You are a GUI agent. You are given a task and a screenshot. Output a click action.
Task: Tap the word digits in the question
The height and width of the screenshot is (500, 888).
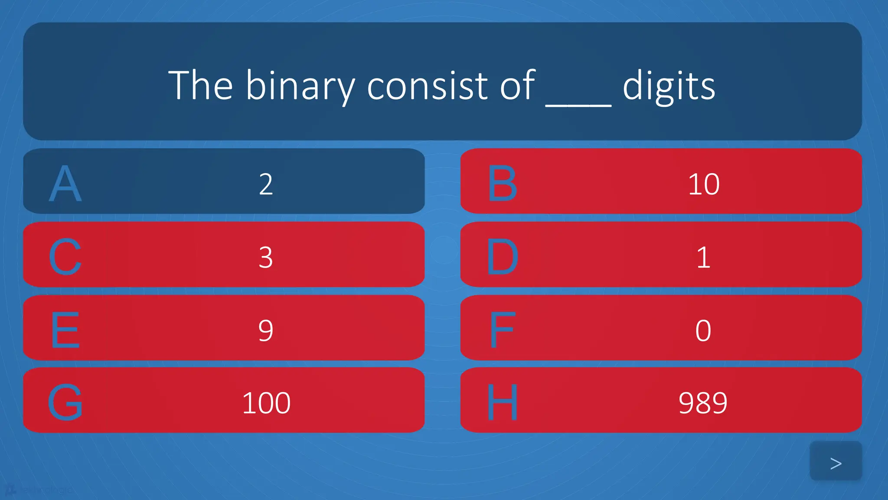pyautogui.click(x=669, y=86)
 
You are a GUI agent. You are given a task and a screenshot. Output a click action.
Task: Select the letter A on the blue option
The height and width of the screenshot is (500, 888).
pyautogui.click(x=65, y=184)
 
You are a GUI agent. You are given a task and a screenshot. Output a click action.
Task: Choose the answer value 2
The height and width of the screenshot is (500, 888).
pyautogui.click(x=266, y=184)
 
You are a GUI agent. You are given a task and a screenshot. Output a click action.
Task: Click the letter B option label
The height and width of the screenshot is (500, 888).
pyautogui.click(x=502, y=184)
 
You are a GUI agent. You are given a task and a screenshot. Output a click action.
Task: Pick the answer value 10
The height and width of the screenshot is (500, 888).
pyautogui.click(x=703, y=184)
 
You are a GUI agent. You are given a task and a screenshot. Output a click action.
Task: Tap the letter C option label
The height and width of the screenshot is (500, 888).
pyautogui.click(x=65, y=257)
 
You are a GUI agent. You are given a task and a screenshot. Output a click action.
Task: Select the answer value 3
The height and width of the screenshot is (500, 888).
pyautogui.click(x=266, y=257)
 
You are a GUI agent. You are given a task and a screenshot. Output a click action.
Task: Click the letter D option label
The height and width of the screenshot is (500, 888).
pyautogui.click(x=502, y=257)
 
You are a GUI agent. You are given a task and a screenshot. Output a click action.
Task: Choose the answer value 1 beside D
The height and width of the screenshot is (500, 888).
pyautogui.click(x=703, y=257)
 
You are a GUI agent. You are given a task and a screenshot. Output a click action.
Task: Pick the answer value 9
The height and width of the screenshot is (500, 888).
pyautogui.click(x=266, y=330)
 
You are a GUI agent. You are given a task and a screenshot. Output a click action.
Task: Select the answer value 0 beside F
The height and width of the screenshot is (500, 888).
pyautogui.click(x=703, y=330)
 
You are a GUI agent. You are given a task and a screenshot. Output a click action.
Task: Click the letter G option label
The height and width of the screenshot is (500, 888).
pyautogui.click(x=65, y=402)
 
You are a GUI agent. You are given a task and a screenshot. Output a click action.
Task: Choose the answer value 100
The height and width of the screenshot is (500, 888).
pyautogui.click(x=266, y=403)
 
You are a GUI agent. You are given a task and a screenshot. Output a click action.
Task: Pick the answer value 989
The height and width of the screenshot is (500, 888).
pyautogui.click(x=703, y=403)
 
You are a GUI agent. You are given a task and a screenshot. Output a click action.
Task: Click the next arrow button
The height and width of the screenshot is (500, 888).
pyautogui.click(x=836, y=463)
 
